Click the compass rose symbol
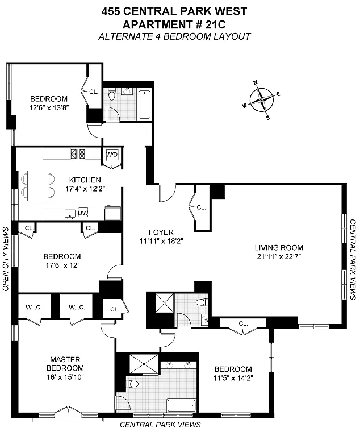pos(261,99)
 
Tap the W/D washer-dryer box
pos(112,155)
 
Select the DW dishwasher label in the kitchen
pos(83,213)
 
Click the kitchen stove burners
pos(78,153)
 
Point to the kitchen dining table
pos(38,186)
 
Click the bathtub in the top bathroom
pos(144,105)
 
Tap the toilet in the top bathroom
pos(112,94)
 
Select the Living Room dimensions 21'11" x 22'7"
pos(279,256)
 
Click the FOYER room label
pos(161,232)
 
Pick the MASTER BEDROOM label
pos(65,364)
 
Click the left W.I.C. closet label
pos(34,307)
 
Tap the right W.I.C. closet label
pos(77,307)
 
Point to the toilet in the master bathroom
pos(132,384)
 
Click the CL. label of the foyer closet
pos(201,207)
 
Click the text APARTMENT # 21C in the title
pos(174,24)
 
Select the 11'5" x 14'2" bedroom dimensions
pos(233,378)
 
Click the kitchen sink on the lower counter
pos(70,214)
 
